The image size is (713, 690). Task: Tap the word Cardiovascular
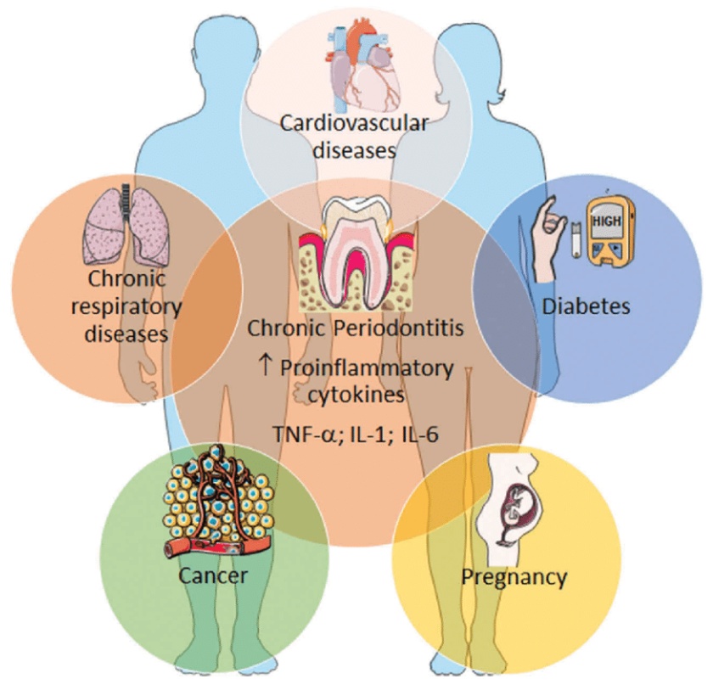click(354, 123)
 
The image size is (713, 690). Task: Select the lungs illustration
click(126, 225)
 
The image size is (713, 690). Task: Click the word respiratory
click(126, 308)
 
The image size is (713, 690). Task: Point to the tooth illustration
click(356, 255)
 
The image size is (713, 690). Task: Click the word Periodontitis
click(399, 328)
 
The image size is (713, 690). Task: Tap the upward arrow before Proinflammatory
click(265, 366)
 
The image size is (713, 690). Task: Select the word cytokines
click(356, 395)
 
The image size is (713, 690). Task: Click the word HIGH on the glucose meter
click(607, 221)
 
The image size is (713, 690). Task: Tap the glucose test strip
click(575, 239)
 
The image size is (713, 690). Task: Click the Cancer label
click(213, 575)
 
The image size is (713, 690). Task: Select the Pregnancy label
click(514, 577)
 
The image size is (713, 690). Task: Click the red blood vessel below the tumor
click(217, 546)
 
